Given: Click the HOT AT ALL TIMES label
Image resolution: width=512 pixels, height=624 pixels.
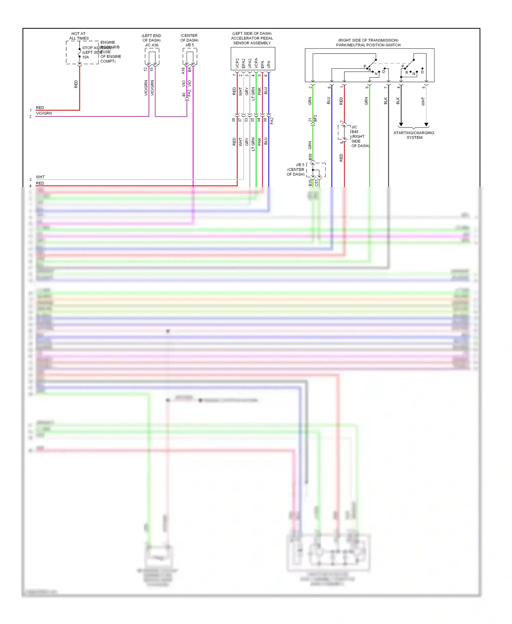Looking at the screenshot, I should tap(79, 36).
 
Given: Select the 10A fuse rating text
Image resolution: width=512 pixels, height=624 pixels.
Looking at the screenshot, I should tap(86, 57).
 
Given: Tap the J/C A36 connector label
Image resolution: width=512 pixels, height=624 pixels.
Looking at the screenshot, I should tap(152, 45).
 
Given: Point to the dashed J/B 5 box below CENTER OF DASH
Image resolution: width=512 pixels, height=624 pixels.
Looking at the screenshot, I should tap(190, 56).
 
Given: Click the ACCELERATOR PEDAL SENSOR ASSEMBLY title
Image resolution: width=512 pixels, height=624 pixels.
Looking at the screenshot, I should tap(252, 38).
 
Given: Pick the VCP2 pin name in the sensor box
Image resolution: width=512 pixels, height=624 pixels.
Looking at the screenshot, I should tap(237, 63).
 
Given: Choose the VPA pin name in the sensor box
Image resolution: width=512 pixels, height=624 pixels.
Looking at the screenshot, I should tap(269, 64).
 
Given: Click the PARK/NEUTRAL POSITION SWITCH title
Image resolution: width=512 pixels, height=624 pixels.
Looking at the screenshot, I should tap(368, 45).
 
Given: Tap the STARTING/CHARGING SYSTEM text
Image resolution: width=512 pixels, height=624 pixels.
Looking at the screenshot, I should tap(414, 135).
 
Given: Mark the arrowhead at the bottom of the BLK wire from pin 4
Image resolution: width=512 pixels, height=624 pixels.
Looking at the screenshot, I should tap(401, 125).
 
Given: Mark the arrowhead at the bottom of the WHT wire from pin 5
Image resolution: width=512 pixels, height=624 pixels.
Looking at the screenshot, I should tap(426, 125).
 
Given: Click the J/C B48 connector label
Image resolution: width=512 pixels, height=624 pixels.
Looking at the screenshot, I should tap(355, 129).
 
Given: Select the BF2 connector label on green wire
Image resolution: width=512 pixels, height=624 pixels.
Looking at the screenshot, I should tap(315, 118).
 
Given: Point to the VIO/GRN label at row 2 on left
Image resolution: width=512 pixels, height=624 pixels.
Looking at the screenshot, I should tap(44, 113).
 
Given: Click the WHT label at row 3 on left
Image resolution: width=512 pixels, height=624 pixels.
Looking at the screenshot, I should tap(40, 177).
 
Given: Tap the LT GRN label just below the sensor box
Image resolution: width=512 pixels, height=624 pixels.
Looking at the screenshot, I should tap(253, 94).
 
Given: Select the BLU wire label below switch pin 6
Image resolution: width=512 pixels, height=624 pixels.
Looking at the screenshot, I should tap(329, 100).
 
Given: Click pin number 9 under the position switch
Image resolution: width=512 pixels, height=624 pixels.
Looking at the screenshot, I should tap(367, 87).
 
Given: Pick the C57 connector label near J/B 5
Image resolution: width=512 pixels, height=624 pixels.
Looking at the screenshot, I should tap(317, 183).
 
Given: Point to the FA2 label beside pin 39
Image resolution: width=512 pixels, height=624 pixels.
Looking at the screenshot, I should tap(272, 121).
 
